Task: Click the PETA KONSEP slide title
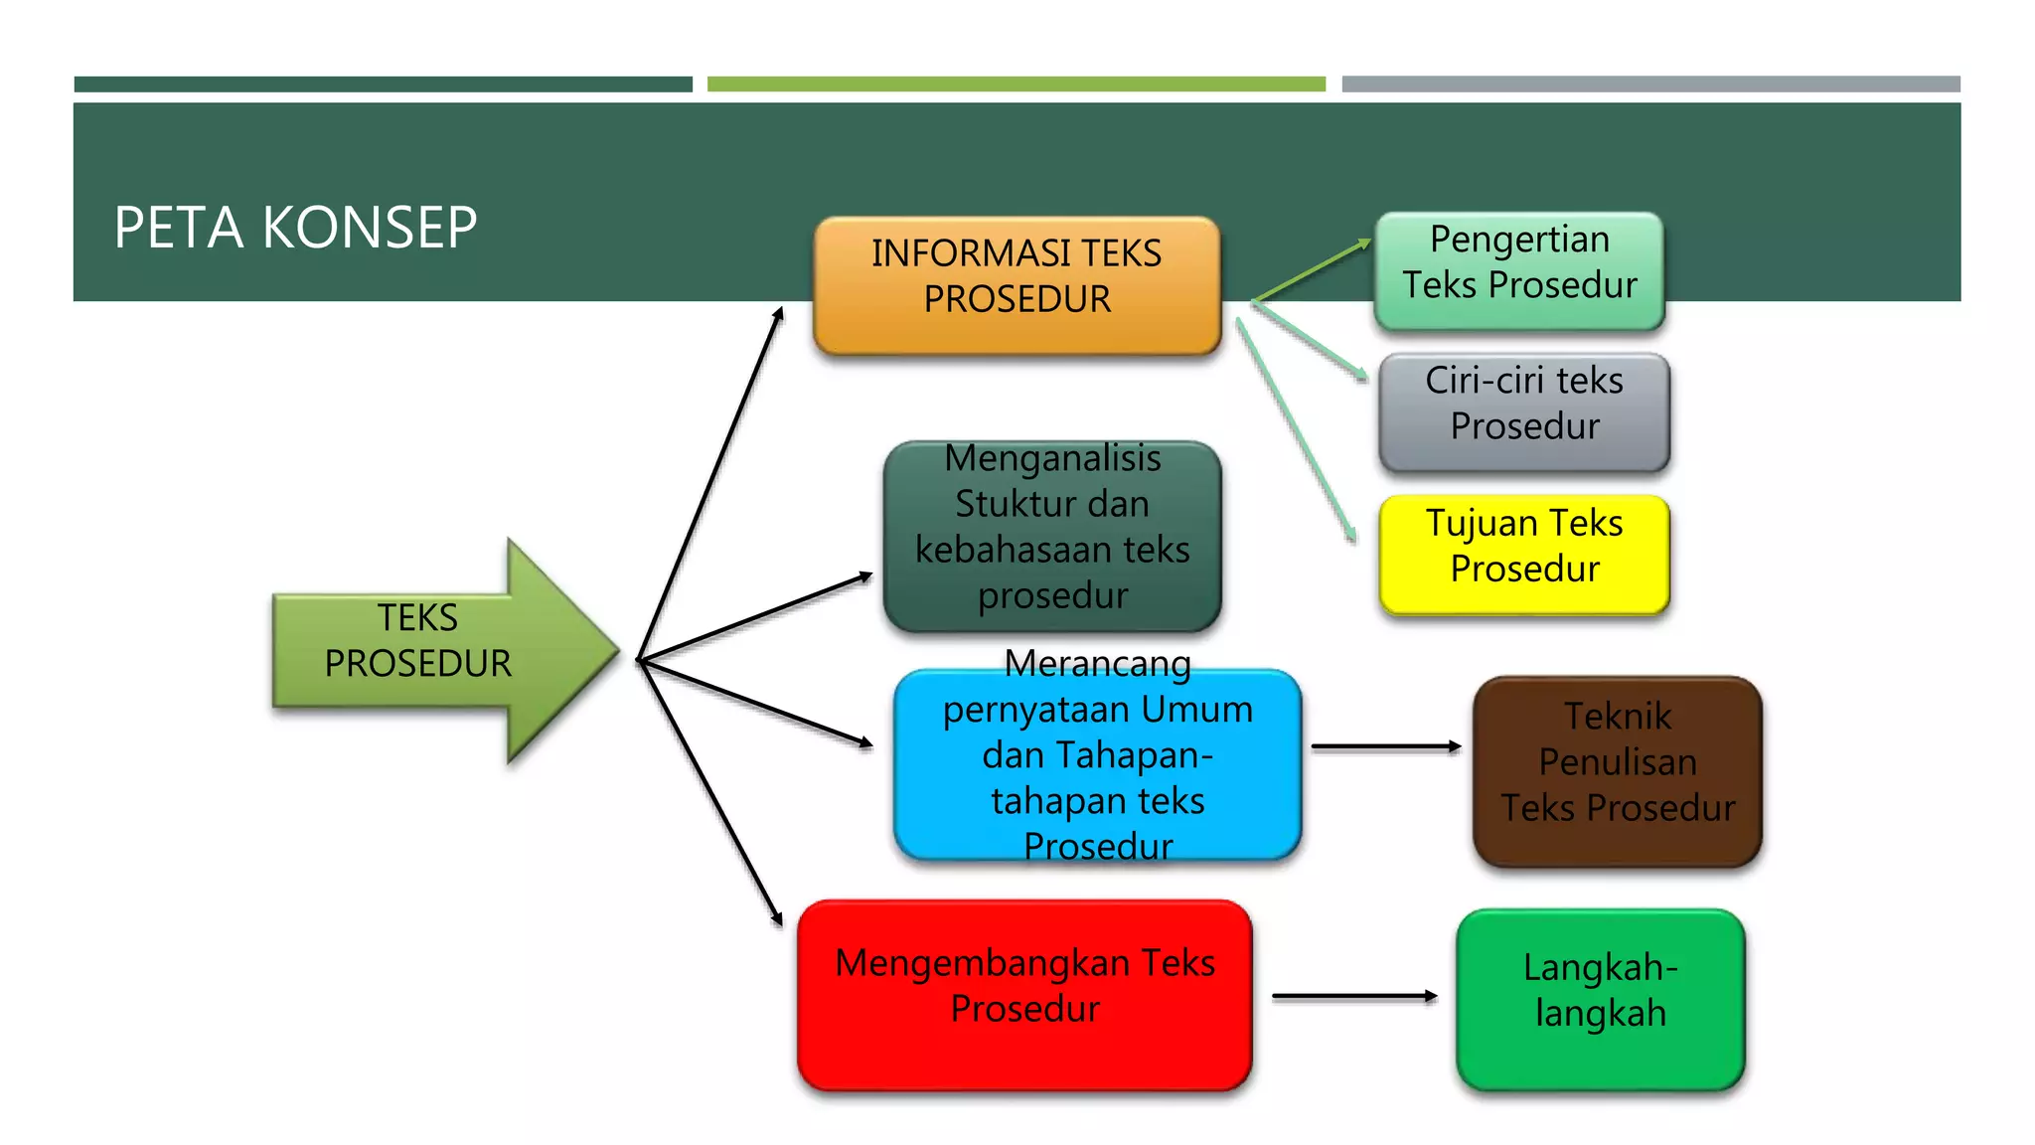[x=295, y=228]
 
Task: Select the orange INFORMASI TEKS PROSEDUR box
[x=1017, y=285]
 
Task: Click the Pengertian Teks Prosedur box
[x=1518, y=269]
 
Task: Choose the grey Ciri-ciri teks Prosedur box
[x=1523, y=410]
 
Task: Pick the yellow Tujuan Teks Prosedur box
[x=1523, y=554]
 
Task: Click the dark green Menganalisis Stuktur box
[x=1051, y=537]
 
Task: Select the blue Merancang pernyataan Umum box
[x=1096, y=763]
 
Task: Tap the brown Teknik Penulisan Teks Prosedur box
[x=1617, y=770]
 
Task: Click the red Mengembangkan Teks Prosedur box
[x=1023, y=994]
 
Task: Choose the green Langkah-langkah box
[x=1600, y=998]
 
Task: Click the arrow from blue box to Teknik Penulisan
[x=1385, y=745]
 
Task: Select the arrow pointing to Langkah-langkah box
[x=1353, y=995]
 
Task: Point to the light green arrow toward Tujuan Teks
[x=1297, y=431]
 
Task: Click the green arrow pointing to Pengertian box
[x=1312, y=269]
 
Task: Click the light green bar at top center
[x=1016, y=84]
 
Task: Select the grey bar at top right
[x=1649, y=84]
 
